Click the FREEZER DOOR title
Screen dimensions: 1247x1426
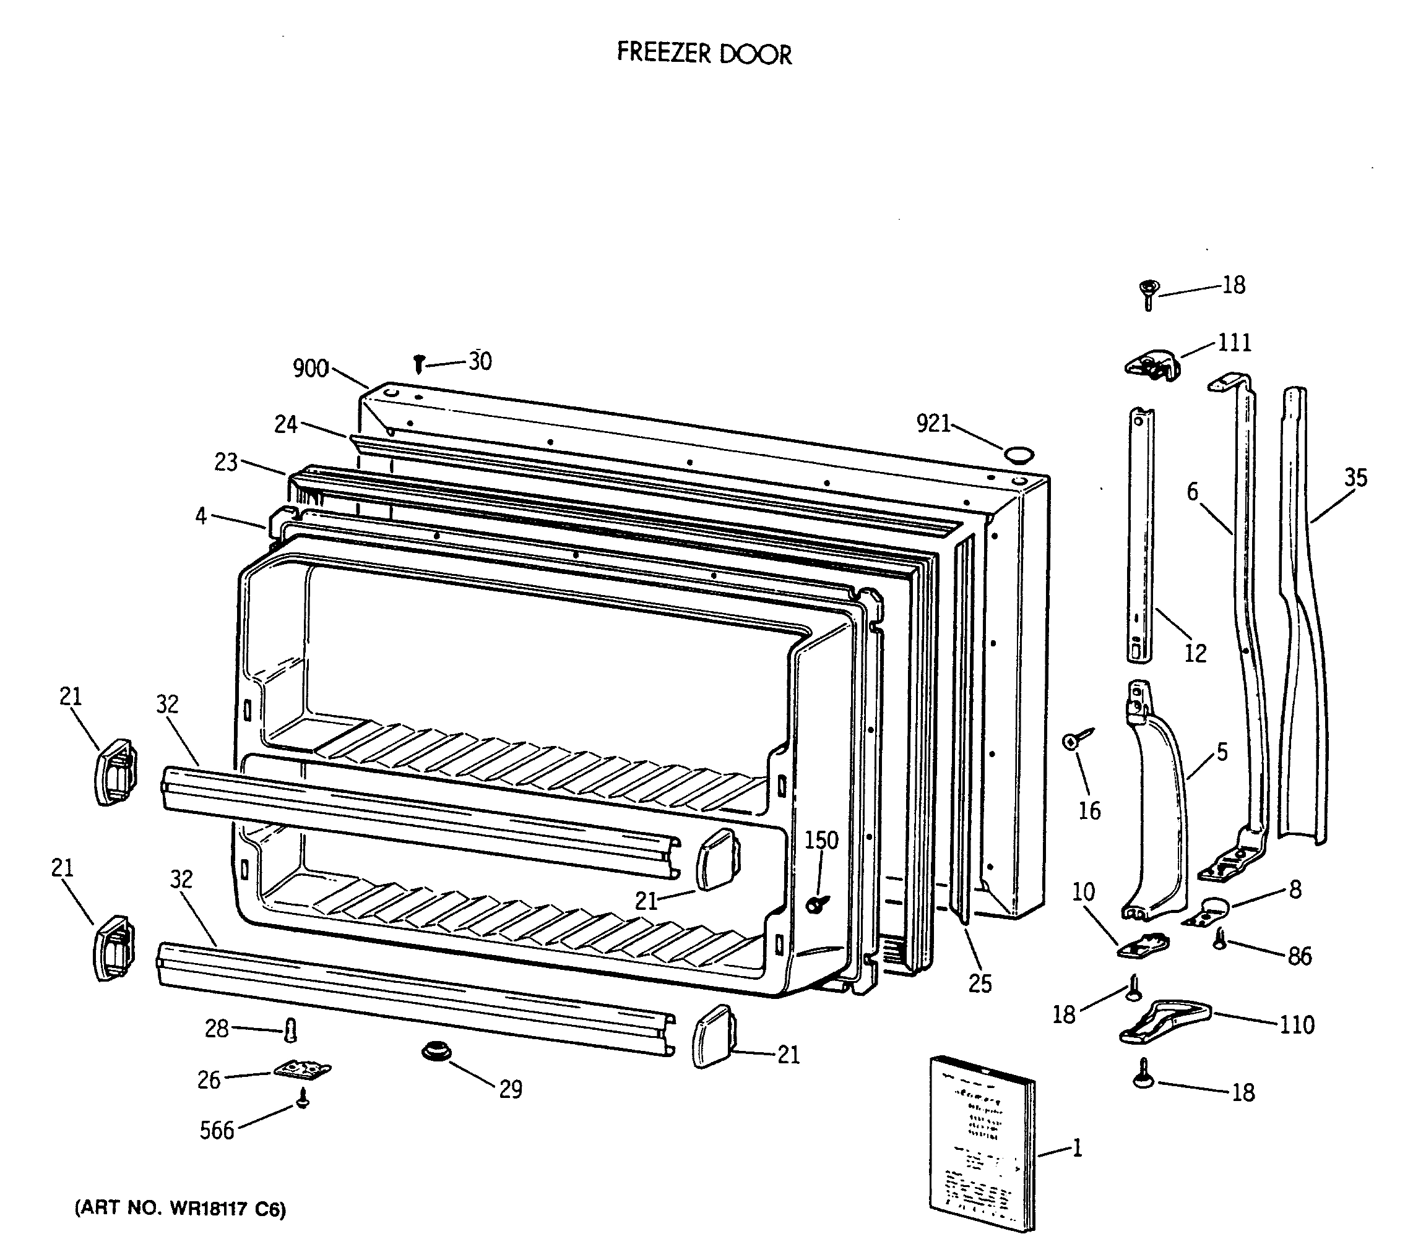click(x=704, y=54)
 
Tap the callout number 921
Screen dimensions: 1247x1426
click(x=933, y=423)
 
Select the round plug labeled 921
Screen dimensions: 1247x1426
click(x=1019, y=455)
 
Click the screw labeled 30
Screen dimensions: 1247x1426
click(x=418, y=363)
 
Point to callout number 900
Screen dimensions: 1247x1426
click(x=311, y=368)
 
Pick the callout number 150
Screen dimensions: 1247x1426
click(x=822, y=840)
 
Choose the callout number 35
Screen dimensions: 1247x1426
click(x=1355, y=478)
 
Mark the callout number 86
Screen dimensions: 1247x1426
click(x=1299, y=956)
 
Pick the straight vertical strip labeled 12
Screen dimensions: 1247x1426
click(x=1140, y=536)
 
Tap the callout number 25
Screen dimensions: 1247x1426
click(x=979, y=983)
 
